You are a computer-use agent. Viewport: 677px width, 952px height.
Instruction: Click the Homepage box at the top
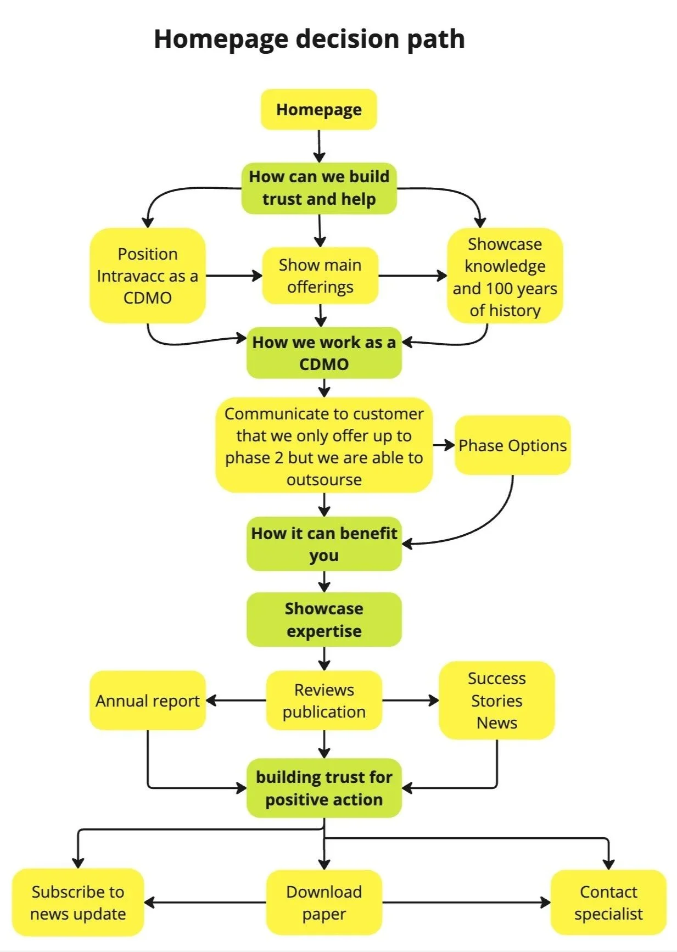click(318, 110)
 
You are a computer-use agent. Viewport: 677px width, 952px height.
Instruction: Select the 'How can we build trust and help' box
click(319, 188)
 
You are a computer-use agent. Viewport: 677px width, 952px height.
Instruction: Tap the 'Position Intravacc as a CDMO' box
click(147, 276)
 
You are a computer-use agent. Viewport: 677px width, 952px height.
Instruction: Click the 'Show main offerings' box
click(320, 276)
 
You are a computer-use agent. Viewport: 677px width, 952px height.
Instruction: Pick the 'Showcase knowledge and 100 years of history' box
click(505, 276)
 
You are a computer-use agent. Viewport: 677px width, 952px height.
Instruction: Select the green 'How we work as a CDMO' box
click(324, 353)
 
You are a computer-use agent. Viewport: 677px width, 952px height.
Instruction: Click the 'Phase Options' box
click(512, 445)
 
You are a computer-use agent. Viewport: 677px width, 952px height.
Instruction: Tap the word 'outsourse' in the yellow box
click(324, 480)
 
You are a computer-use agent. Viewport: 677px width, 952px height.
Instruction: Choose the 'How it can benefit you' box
click(324, 544)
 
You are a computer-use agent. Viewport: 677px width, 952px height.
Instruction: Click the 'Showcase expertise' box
click(324, 619)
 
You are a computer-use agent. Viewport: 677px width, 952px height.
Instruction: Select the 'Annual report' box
click(147, 701)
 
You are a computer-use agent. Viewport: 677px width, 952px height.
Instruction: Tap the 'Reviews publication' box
click(324, 701)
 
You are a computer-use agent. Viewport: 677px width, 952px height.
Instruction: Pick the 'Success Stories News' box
click(496, 701)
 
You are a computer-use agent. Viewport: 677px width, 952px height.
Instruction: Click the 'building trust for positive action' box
click(324, 788)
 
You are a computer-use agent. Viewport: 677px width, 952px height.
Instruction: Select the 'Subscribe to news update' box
click(78, 903)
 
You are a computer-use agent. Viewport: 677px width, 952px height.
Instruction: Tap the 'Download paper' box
click(324, 903)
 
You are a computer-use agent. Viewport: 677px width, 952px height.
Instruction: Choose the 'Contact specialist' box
click(608, 903)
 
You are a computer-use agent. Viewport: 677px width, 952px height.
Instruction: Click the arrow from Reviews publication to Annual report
click(236, 701)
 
